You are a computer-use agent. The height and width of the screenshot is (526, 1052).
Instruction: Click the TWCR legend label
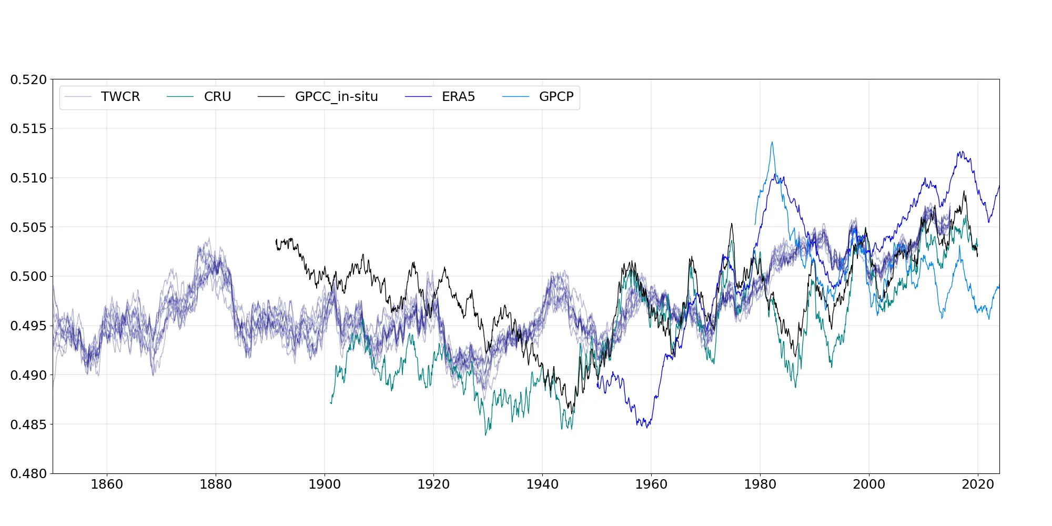[120, 97]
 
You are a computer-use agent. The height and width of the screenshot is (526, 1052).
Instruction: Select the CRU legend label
[217, 97]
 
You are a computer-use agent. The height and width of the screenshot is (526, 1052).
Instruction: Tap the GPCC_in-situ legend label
[336, 97]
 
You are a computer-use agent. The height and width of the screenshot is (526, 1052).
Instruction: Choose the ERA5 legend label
[458, 97]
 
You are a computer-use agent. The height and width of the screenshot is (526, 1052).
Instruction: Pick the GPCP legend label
[556, 97]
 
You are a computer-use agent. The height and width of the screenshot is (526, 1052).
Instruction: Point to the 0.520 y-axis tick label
[28, 79]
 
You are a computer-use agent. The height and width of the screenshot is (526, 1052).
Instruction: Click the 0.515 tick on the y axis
[28, 129]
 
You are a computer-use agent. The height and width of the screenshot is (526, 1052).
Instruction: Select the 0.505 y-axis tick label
[28, 227]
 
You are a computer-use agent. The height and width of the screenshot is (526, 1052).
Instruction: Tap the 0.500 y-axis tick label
[28, 277]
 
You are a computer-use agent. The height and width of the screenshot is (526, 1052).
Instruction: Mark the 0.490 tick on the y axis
[28, 375]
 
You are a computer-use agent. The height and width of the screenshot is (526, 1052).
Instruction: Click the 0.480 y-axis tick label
[28, 473]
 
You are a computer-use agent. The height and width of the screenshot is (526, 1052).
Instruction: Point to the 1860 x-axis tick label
[107, 484]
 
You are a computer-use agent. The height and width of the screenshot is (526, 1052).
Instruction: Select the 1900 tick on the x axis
[325, 484]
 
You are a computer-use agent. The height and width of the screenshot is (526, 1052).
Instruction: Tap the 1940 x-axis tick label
[542, 484]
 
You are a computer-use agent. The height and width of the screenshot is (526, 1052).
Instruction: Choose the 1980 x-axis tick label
[760, 484]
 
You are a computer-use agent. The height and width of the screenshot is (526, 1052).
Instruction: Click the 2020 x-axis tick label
[978, 484]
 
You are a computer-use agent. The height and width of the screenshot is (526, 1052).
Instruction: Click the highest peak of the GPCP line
[772, 142]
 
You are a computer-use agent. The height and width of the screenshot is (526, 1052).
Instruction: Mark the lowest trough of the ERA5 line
[647, 427]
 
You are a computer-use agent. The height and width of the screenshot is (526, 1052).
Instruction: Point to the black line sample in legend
[271, 97]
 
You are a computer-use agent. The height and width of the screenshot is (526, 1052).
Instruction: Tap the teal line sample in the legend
[180, 97]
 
